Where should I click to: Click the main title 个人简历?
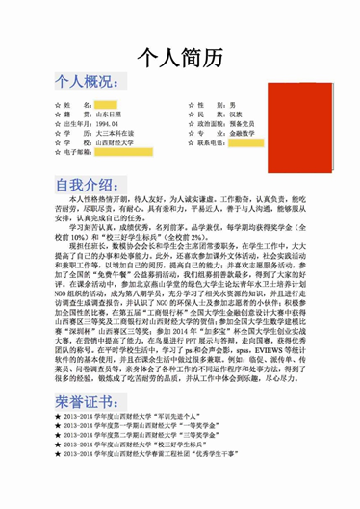(x=180, y=57)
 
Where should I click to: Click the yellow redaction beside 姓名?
(x=105, y=103)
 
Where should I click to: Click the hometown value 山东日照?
(x=106, y=114)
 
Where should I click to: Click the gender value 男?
(x=232, y=103)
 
